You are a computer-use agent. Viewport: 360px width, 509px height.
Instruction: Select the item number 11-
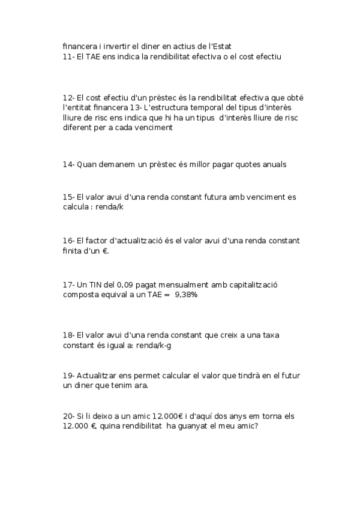(68, 56)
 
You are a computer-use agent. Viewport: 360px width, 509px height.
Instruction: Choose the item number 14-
(68, 164)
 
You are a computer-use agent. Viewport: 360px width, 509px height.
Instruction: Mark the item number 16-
(68, 241)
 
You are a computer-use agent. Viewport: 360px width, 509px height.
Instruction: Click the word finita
(73, 251)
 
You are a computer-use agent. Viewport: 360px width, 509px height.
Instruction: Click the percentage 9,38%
(186, 295)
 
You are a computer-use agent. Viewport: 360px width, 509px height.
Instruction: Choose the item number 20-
(68, 416)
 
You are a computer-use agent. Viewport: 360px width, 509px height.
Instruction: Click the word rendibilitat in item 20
(139, 426)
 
